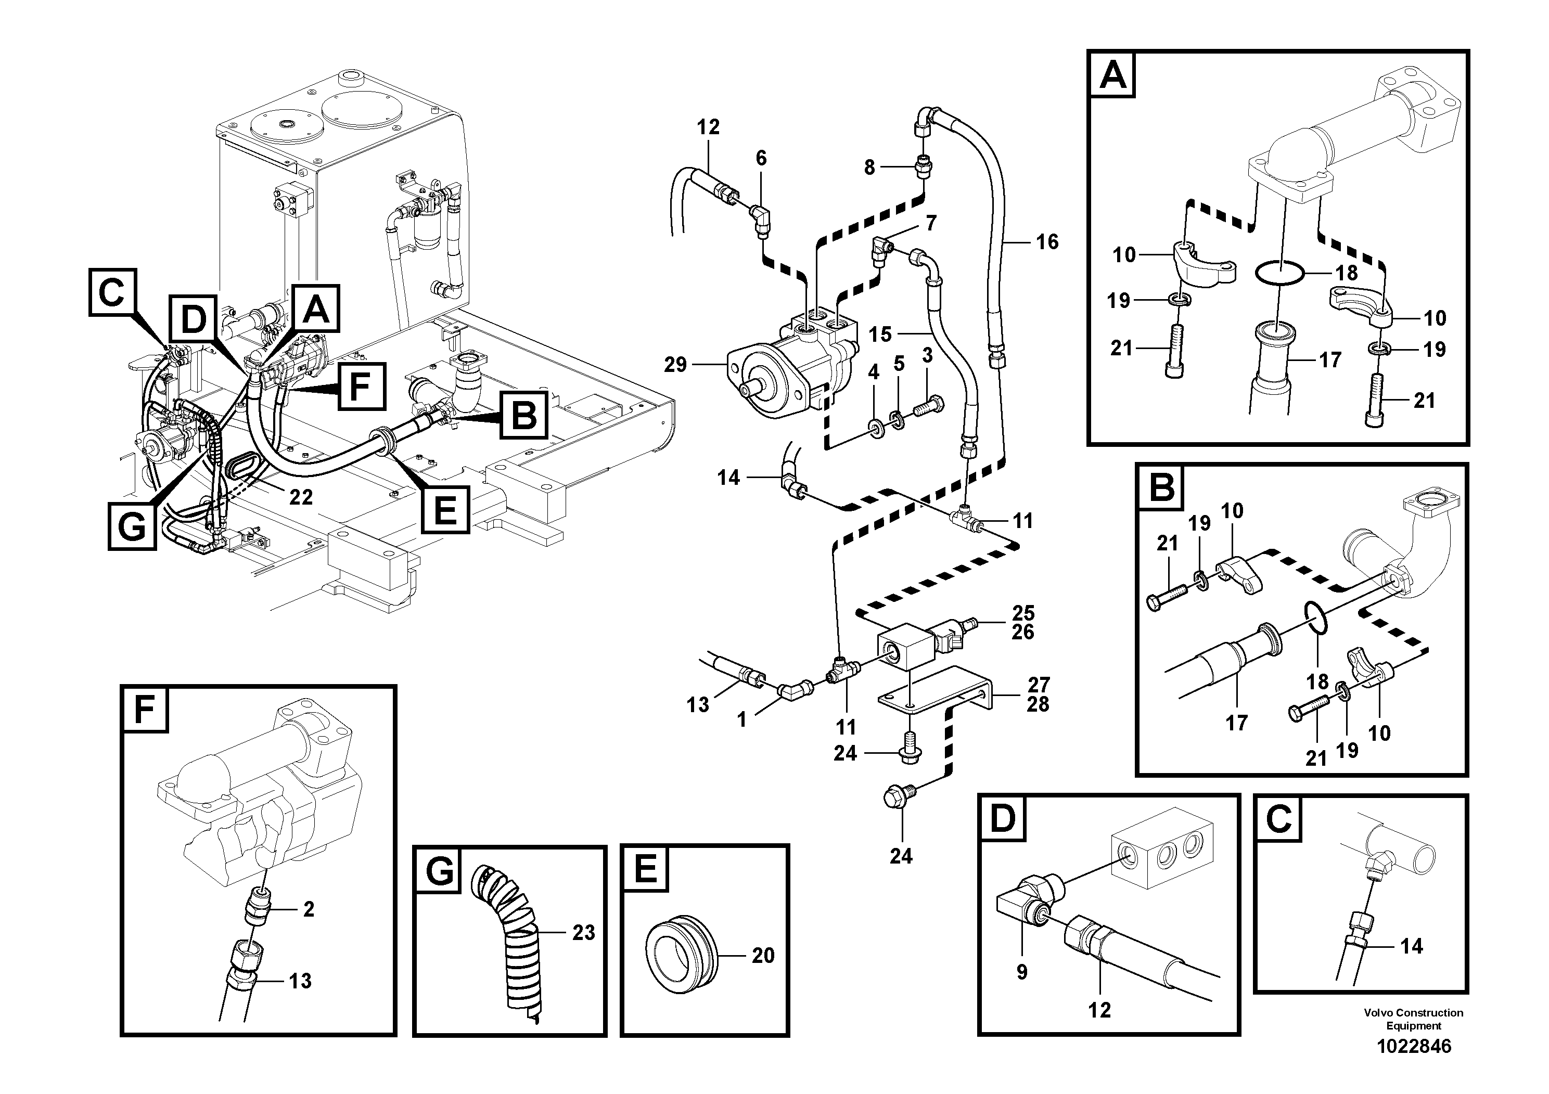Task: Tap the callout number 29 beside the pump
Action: click(675, 365)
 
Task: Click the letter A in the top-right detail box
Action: click(1112, 75)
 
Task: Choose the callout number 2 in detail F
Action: click(309, 909)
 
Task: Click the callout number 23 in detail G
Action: click(584, 933)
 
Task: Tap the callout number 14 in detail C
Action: click(1411, 946)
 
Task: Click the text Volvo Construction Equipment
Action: click(1413, 1019)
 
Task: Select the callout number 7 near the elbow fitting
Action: click(931, 223)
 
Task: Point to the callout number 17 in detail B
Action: click(1237, 723)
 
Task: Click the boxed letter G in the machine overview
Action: click(132, 526)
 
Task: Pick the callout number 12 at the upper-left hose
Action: click(708, 127)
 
